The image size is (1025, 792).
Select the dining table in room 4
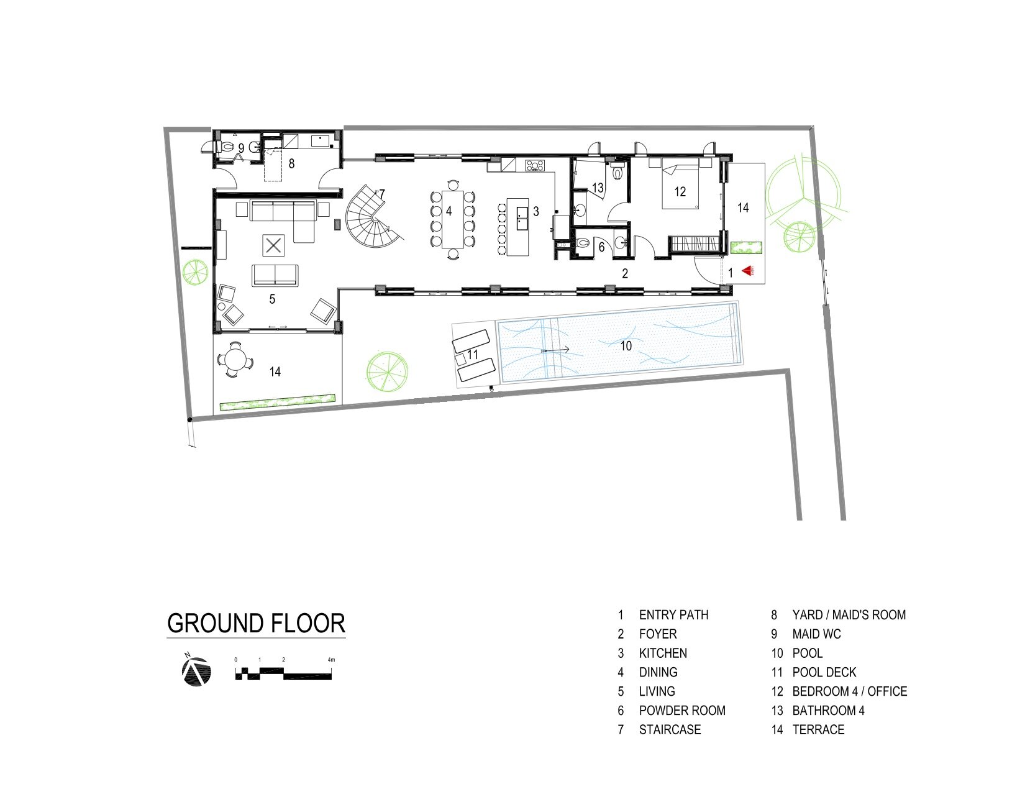[452, 219]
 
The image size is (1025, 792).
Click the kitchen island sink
[521, 218]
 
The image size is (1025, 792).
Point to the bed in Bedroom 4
[680, 183]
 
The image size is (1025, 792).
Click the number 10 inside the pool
[626, 346]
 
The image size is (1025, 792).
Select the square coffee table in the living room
[273, 245]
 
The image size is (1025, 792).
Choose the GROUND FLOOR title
[256, 623]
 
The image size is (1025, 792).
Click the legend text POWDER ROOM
[682, 710]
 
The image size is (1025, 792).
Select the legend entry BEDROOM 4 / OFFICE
[850, 691]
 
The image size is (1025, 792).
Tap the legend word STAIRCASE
[670, 729]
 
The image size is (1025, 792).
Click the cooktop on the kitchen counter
[535, 165]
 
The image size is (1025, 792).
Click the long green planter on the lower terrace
[277, 401]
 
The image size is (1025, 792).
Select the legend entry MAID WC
[816, 634]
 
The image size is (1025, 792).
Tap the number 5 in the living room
[272, 299]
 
